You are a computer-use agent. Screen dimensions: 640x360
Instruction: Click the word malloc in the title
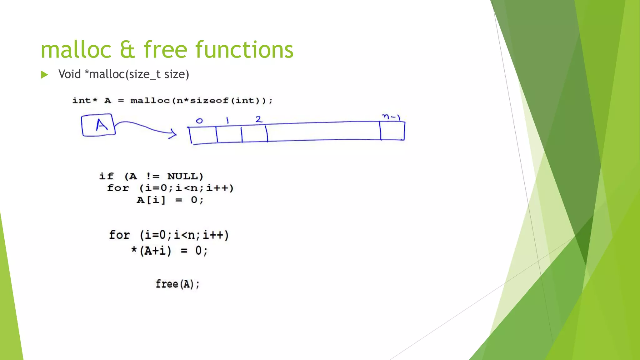coord(76,50)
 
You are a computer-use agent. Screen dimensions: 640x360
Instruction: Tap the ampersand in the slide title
coord(127,50)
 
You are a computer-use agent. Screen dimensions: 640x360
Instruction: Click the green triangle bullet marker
coord(44,75)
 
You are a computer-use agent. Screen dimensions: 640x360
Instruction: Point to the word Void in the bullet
coord(69,74)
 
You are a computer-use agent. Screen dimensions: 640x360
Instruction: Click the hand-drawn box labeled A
coord(98,125)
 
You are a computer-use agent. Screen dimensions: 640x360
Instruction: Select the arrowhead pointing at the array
coord(173,134)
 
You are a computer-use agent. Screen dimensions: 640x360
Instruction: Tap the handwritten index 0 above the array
coord(199,121)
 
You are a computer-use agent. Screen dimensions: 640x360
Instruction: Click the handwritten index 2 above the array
coord(259,119)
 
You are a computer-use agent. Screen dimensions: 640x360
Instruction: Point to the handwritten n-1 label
coord(391,117)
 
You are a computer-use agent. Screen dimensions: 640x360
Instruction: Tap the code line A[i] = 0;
coord(170,200)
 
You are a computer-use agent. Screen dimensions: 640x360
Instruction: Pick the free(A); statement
coord(177,284)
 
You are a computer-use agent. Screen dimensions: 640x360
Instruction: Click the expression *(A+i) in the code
coord(151,251)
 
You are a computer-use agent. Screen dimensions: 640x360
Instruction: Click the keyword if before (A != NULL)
coord(106,176)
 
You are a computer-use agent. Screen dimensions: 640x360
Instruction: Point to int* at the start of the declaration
coord(85,101)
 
